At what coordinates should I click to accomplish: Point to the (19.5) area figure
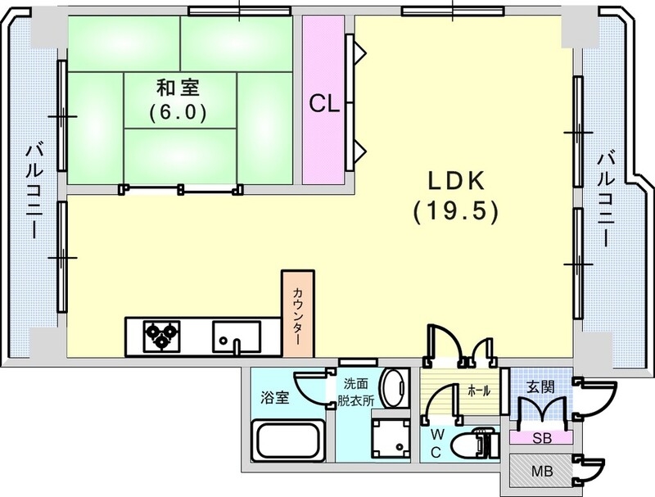[454, 213]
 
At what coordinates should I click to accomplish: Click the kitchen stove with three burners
[161, 335]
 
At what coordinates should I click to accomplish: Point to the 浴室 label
[274, 399]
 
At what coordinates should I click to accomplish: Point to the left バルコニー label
[34, 190]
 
